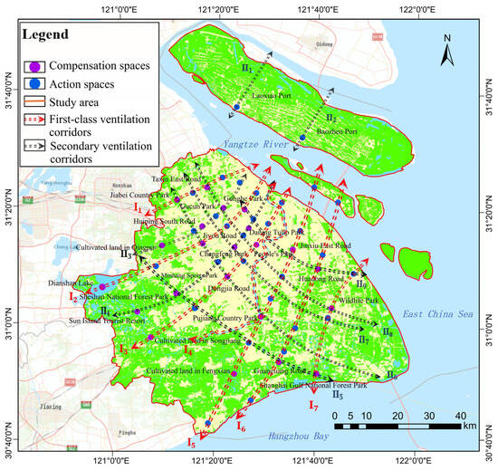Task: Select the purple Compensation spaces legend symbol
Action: pos(34,65)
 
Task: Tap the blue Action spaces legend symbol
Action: pos(34,82)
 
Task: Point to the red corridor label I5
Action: pos(190,443)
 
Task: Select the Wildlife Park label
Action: pos(357,299)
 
